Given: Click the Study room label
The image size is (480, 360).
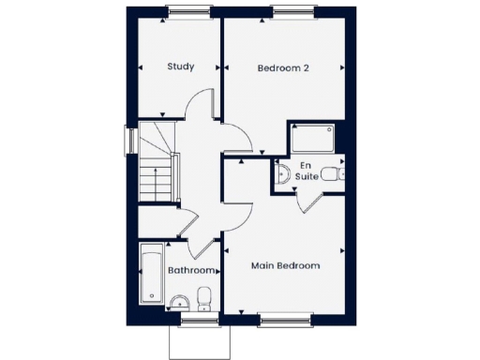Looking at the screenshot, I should point(180,67).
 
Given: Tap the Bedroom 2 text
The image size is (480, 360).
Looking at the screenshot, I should point(282,67).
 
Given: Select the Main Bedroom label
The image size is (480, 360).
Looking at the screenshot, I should point(285,265).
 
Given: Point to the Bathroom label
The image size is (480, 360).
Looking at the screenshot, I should point(191,271).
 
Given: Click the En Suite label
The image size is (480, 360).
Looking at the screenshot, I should point(307,170).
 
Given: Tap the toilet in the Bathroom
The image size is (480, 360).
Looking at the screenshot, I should point(205,298).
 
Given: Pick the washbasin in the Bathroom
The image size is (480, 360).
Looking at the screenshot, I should point(178,301).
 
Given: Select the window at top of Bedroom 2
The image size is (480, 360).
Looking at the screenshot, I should point(296,11).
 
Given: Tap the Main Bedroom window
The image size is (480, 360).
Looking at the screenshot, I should point(285,320).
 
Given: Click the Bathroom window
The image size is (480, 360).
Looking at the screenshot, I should point(198,320).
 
